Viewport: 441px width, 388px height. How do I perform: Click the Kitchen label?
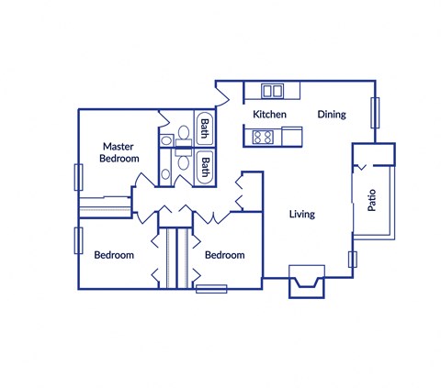(x=270, y=115)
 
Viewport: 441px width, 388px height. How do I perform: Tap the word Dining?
(x=332, y=115)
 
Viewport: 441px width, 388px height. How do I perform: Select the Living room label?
(x=301, y=215)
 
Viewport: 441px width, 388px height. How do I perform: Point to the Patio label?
(x=373, y=201)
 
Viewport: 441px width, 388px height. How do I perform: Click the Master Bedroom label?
(x=119, y=152)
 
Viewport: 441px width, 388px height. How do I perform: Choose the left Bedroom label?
(x=114, y=255)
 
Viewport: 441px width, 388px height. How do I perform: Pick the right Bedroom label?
(x=224, y=255)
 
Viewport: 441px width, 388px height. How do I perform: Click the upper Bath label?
(x=205, y=129)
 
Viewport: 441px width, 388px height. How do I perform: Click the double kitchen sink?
(x=273, y=90)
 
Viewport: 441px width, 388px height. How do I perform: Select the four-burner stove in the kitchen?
(x=262, y=138)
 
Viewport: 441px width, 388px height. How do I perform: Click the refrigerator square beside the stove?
(x=291, y=137)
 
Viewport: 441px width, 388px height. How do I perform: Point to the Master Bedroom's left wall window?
(x=76, y=177)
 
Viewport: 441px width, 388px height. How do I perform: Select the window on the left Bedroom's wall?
(x=76, y=241)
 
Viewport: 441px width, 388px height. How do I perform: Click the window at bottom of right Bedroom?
(x=211, y=289)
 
